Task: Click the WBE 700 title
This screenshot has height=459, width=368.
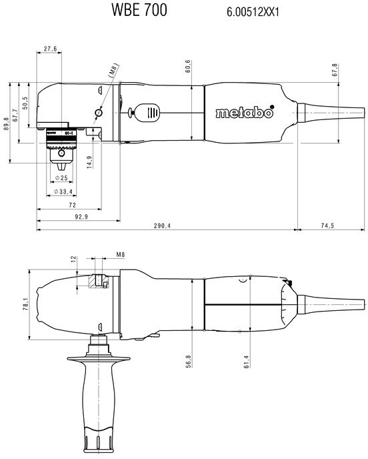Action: (x=139, y=9)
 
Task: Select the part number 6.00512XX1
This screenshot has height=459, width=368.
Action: (x=253, y=12)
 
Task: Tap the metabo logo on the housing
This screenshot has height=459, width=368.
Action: (x=245, y=112)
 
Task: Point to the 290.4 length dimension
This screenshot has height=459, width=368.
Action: (x=162, y=225)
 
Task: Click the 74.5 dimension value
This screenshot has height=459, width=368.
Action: (x=327, y=225)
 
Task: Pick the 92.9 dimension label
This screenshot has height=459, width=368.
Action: (x=81, y=217)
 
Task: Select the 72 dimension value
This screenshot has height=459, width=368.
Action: (x=72, y=205)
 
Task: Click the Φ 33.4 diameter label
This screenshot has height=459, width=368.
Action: (x=63, y=191)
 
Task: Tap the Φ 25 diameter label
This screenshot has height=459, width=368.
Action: (x=61, y=177)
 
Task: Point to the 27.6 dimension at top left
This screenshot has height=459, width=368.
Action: (x=50, y=49)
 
